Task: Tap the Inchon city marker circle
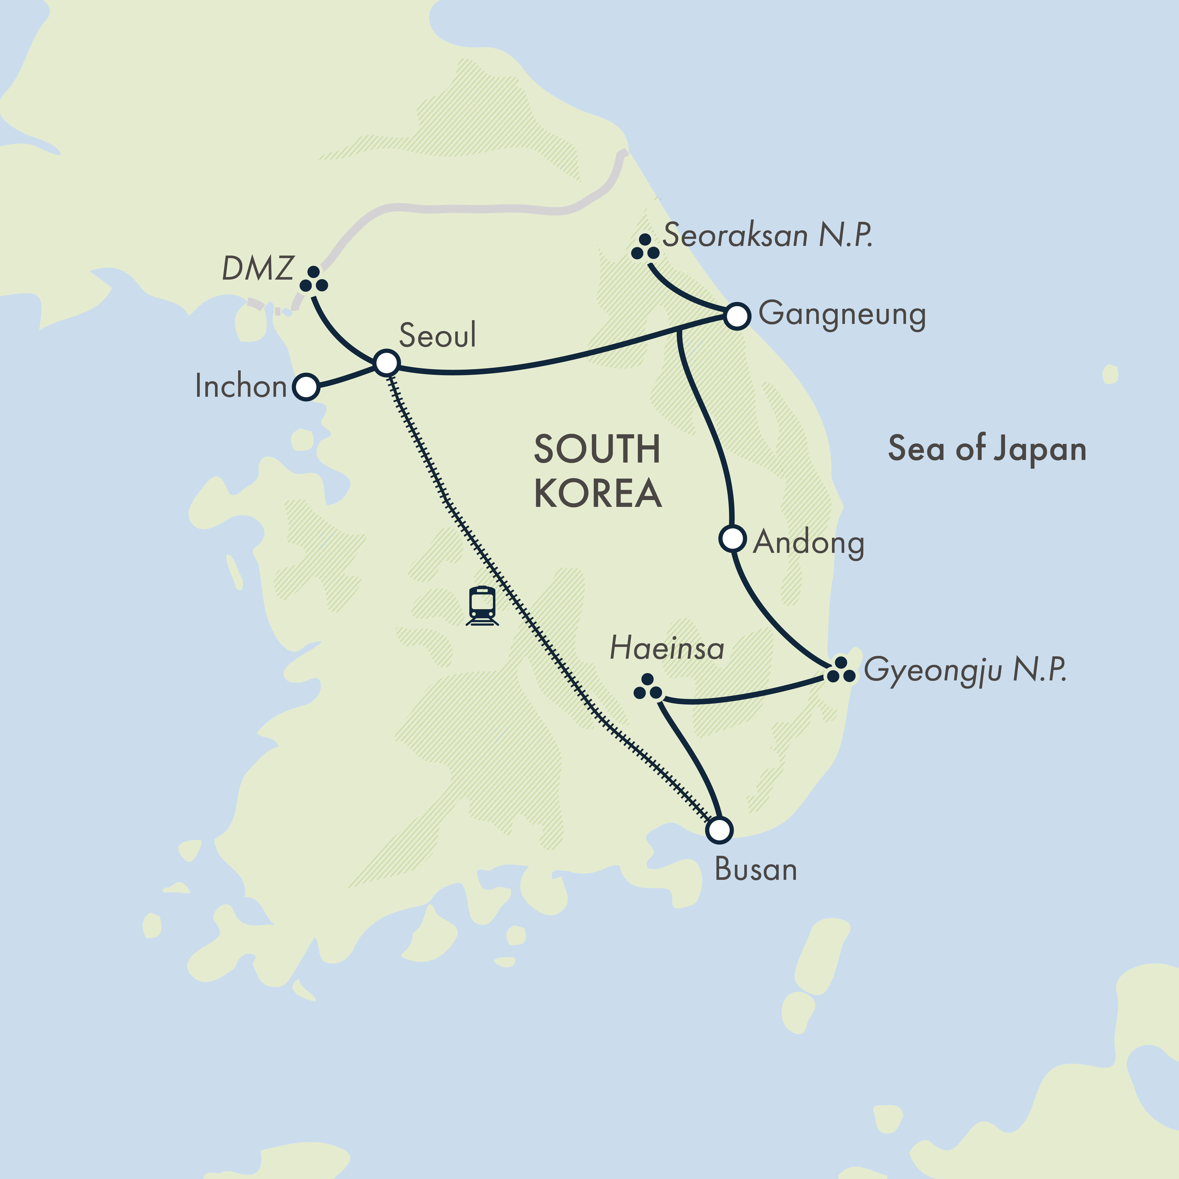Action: point(306,387)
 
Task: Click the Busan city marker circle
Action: point(720,830)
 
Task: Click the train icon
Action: point(482,606)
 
